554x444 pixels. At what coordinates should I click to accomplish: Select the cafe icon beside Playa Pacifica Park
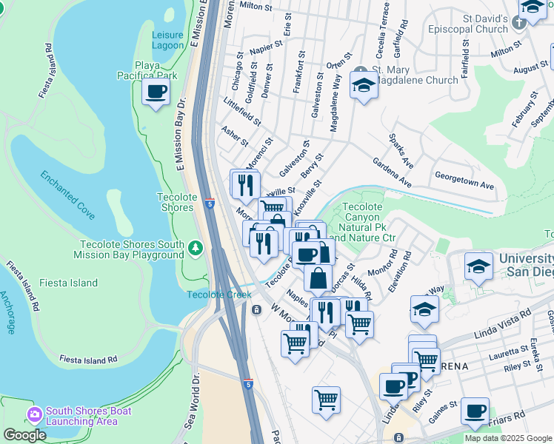pyautogui.click(x=156, y=92)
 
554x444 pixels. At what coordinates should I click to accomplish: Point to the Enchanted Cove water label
pyautogui.click(x=67, y=195)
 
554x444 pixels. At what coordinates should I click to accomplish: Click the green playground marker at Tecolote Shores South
pyautogui.click(x=195, y=247)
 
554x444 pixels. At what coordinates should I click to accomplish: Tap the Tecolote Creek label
pyautogui.click(x=218, y=295)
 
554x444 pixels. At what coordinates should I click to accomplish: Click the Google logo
pyautogui.click(x=24, y=435)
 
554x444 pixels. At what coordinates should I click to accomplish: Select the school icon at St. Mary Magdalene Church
pyautogui.click(x=364, y=85)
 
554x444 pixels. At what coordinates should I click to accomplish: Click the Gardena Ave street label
pyautogui.click(x=392, y=172)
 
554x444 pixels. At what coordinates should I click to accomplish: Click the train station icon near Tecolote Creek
pyautogui.click(x=256, y=309)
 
